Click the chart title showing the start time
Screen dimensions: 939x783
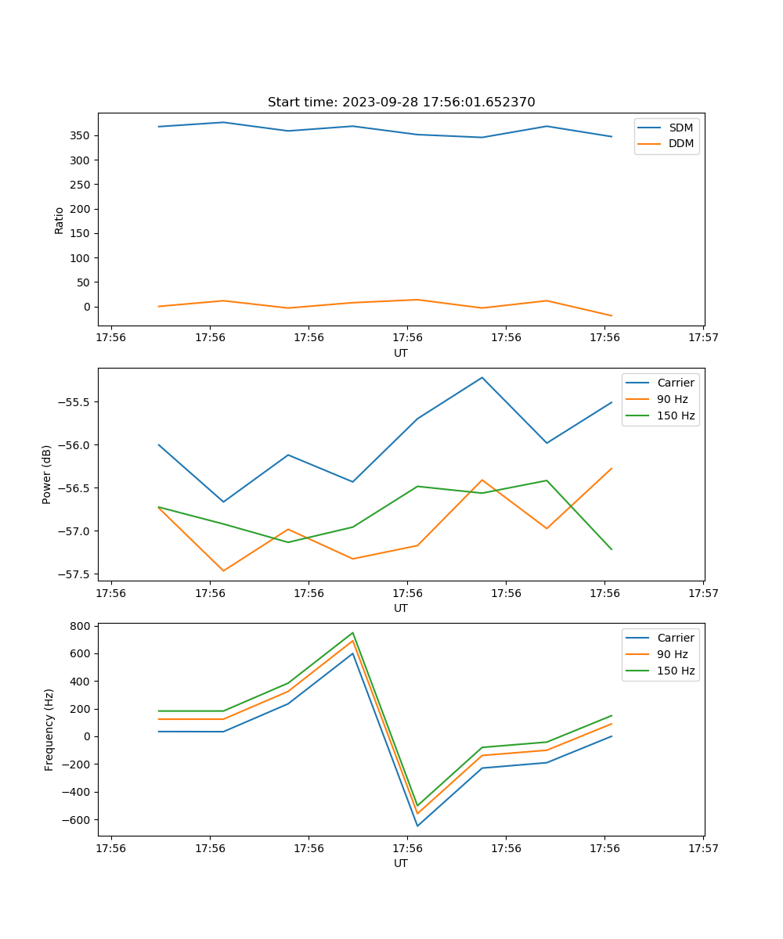(401, 103)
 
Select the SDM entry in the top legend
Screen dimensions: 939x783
(680, 128)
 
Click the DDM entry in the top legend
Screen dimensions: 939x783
(680, 143)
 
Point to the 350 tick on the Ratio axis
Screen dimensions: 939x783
(78, 135)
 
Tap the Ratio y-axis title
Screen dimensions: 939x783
(60, 220)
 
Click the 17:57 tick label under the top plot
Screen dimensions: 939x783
(702, 338)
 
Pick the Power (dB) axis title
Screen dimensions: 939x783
(47, 474)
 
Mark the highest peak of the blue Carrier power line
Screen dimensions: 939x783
(482, 377)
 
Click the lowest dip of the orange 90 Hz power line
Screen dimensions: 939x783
(223, 570)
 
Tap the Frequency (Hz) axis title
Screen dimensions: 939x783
(49, 729)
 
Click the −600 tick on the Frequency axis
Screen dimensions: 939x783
(76, 819)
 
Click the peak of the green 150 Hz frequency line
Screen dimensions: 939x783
(353, 633)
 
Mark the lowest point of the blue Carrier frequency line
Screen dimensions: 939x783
(417, 826)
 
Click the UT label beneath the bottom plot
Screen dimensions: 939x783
(401, 864)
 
